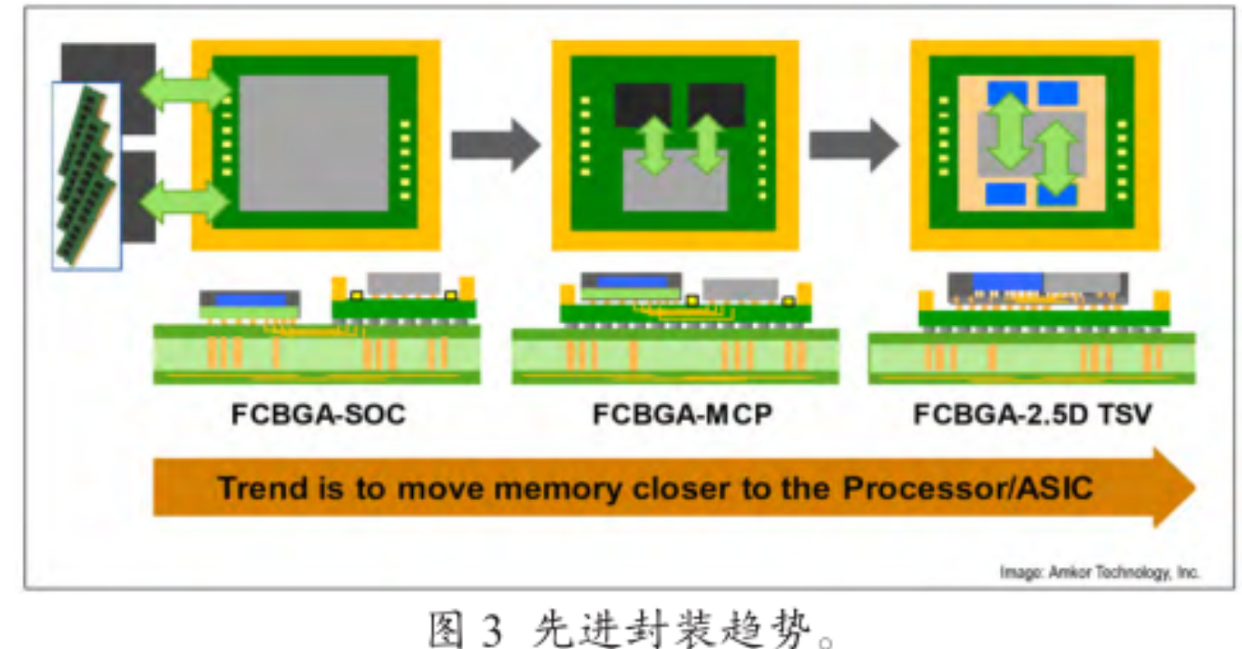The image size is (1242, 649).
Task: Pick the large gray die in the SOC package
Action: click(x=313, y=142)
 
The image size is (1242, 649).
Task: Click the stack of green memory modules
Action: click(x=86, y=175)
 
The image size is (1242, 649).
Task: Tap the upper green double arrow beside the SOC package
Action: click(x=184, y=89)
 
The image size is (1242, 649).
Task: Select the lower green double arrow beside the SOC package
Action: click(x=184, y=200)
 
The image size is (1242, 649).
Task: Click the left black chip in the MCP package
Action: click(x=642, y=104)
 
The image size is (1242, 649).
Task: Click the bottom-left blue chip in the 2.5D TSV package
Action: click(x=1007, y=194)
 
